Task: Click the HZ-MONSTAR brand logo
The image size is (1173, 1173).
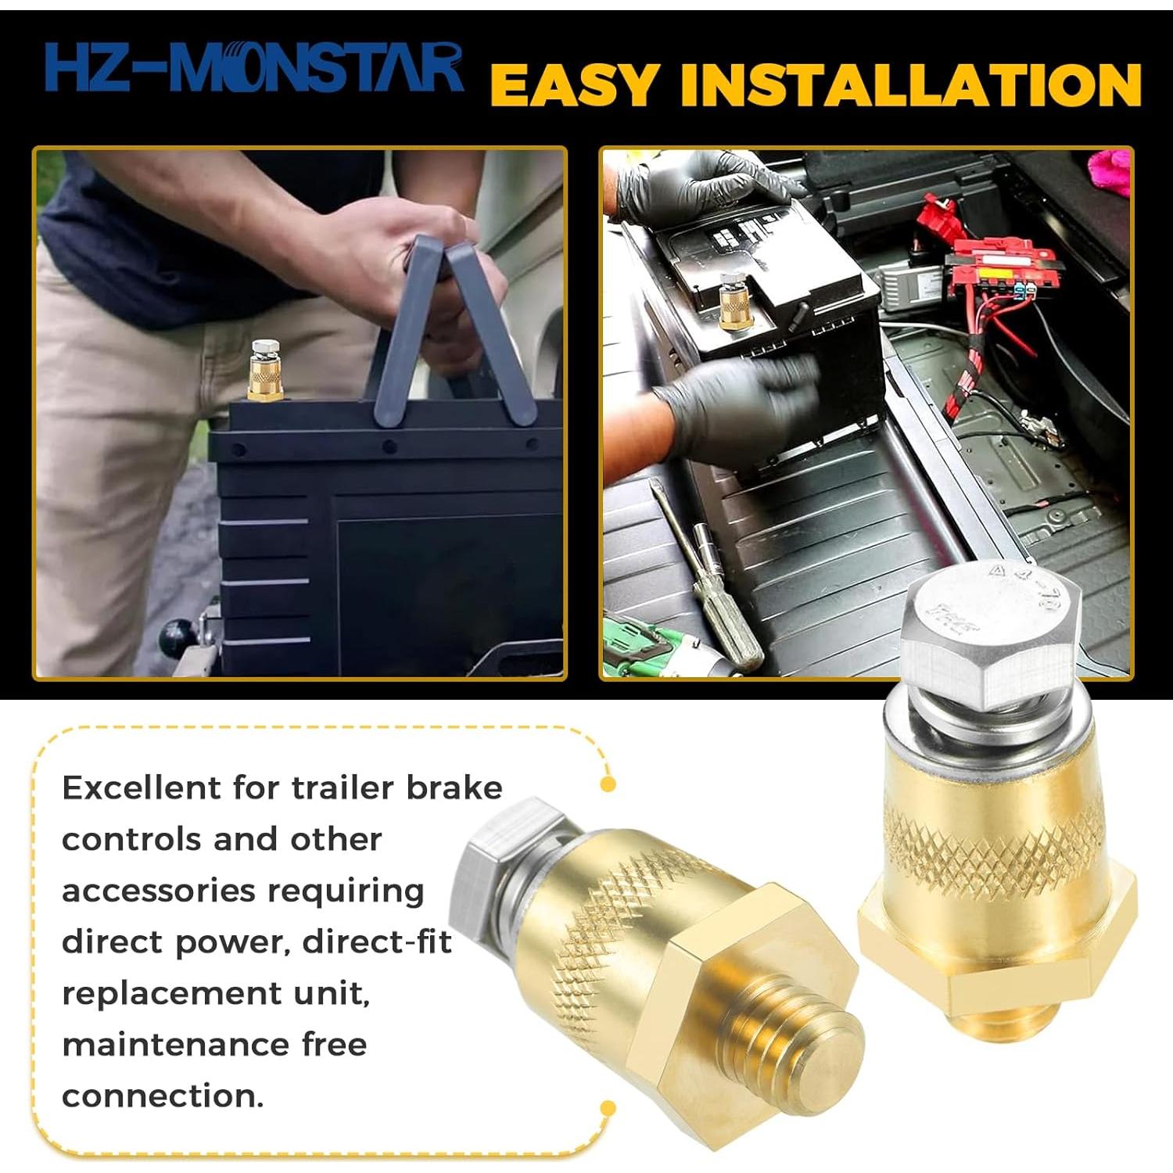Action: pos(252,69)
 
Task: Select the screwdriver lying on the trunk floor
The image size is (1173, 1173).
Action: pos(708,579)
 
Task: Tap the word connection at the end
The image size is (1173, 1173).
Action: pos(162,1096)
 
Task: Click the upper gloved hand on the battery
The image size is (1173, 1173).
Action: pos(688,188)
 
